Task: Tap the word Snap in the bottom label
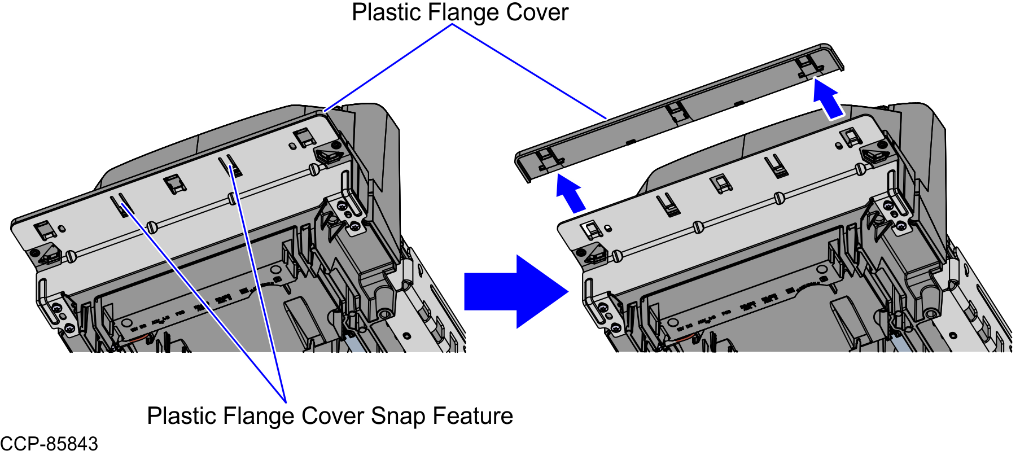pos(397,416)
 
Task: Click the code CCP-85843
pos(49,443)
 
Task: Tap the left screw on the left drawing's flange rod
pos(71,256)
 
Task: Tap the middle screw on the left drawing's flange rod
pos(151,227)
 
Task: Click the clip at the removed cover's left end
pos(546,160)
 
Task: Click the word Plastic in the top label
pos(388,12)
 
